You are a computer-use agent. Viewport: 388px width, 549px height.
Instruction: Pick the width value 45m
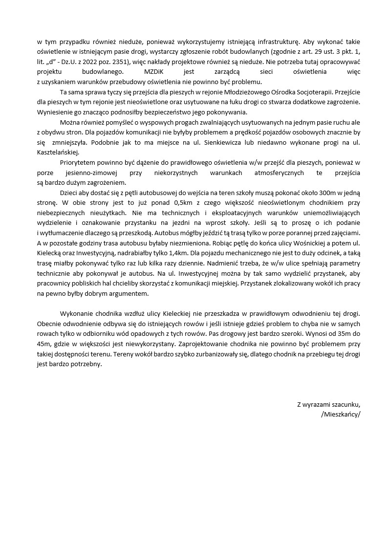[x=44, y=344]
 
